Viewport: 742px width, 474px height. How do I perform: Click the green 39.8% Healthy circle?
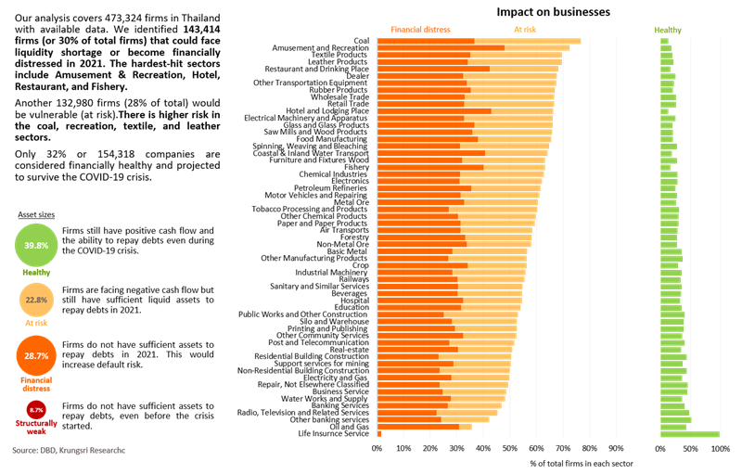(37, 246)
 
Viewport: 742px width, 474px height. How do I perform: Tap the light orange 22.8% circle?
(37, 299)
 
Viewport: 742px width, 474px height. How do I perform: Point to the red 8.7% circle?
(37, 408)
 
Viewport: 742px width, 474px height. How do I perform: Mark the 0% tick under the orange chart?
(377, 447)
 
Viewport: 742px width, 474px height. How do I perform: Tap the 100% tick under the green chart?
(721, 447)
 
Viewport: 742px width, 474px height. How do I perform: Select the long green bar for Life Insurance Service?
(689, 433)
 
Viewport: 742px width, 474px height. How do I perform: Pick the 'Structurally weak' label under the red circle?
(37, 428)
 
